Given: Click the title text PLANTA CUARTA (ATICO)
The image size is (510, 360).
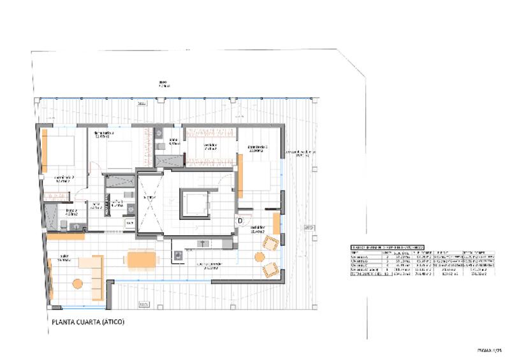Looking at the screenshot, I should coord(87,322).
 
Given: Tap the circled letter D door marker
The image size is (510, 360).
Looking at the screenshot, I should coord(240,220).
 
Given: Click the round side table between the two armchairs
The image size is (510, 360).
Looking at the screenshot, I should coord(259,257).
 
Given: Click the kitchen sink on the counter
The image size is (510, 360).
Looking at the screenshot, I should coord(204,243).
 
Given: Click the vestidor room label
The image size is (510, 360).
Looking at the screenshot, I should coord(210,145).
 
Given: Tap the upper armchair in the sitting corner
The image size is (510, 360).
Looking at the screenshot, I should coord(271,243).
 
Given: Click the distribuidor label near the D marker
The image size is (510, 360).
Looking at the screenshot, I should coord(258,228).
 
